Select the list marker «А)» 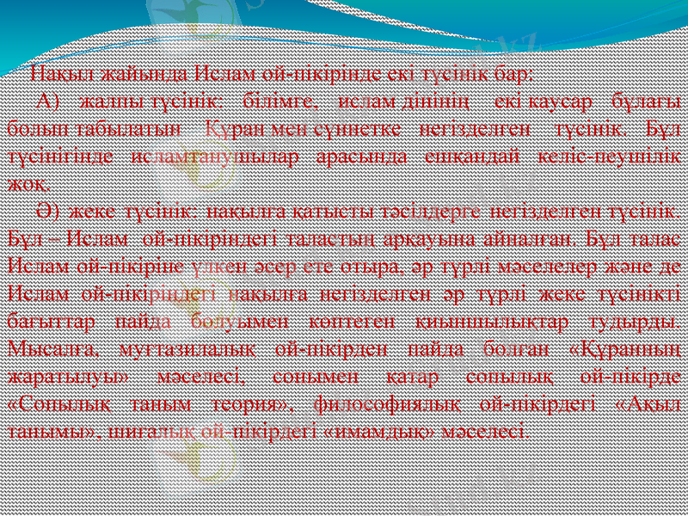pyautogui.click(x=47, y=101)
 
